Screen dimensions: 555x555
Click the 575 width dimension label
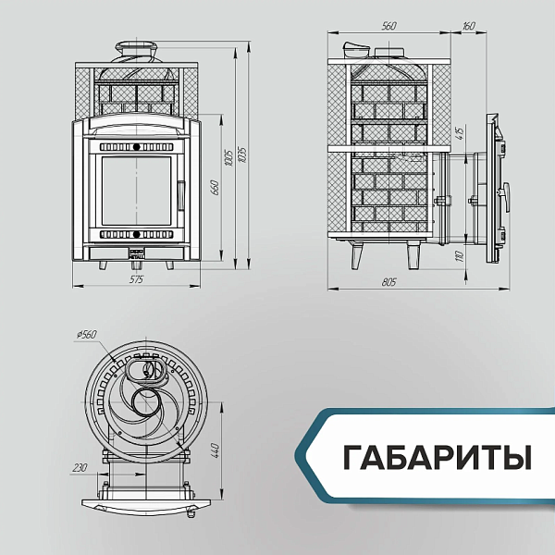point(135,277)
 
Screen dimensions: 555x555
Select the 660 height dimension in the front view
point(214,189)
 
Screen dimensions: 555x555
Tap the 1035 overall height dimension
point(242,153)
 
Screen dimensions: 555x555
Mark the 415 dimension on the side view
point(458,133)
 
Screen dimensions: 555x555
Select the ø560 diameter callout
point(88,334)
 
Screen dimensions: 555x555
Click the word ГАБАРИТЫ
point(438,457)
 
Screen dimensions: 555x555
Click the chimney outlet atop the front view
point(135,49)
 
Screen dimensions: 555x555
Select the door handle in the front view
point(182,195)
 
